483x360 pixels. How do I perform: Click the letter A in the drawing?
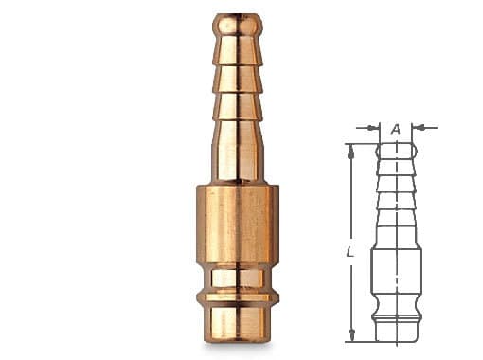pyautogui.click(x=396, y=129)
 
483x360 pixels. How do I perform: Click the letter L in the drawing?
pyautogui.click(x=349, y=252)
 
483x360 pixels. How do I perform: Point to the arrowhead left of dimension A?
pyautogui.click(x=374, y=128)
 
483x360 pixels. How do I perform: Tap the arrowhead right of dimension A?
pyautogui.click(x=418, y=128)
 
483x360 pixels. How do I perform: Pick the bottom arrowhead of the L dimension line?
pyautogui.click(x=351, y=334)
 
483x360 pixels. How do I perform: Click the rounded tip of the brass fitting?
pyautogui.click(x=238, y=24)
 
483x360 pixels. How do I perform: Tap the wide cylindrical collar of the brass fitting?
pyautogui.click(x=238, y=225)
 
